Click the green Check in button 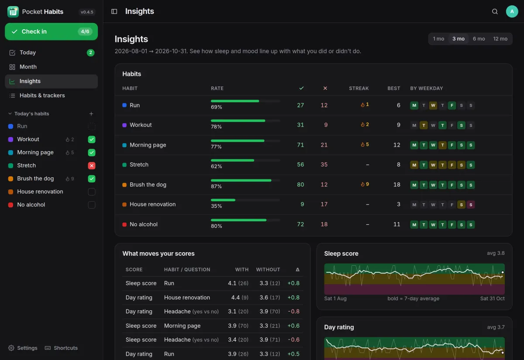click(51, 31)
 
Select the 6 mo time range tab click(479, 39)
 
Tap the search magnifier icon click(494, 11)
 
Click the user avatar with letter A click(512, 11)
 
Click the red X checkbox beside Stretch click(91, 165)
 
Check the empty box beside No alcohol click(91, 205)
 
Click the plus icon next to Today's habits click(91, 113)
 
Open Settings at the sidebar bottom click(23, 348)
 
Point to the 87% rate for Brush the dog click(216, 186)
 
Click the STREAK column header click(359, 88)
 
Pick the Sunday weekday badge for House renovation click(471, 205)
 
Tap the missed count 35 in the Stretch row click(324, 165)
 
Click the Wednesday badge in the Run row click(433, 106)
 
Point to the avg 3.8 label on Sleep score click(496, 253)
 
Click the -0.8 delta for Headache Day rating click(293, 312)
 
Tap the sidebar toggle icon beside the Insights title click(114, 11)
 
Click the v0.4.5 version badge click(87, 12)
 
